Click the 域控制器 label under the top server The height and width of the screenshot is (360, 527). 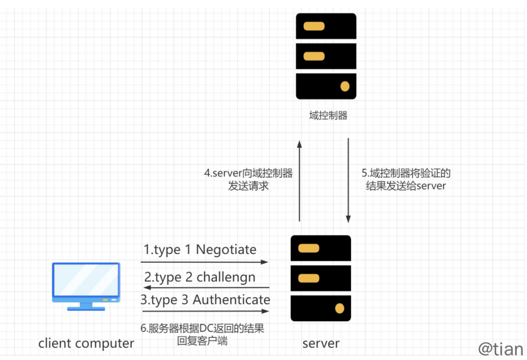click(x=328, y=115)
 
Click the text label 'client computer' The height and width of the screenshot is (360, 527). click(x=86, y=344)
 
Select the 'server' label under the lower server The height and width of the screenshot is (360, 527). click(x=320, y=344)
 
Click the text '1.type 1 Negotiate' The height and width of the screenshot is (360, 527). click(x=200, y=250)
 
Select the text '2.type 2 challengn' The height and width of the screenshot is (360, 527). click(x=200, y=277)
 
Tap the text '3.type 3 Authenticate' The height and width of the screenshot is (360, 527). click(x=205, y=300)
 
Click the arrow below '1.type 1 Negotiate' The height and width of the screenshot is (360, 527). click(x=205, y=262)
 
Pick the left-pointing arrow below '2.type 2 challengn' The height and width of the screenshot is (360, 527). click(x=205, y=287)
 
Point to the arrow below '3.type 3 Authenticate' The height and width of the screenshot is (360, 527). click(x=205, y=311)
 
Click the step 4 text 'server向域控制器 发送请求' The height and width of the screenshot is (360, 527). click(x=248, y=180)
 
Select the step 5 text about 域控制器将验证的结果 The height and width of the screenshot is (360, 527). click(x=406, y=180)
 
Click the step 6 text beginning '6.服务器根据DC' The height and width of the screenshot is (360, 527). click(x=202, y=334)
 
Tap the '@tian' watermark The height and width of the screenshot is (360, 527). click(x=501, y=348)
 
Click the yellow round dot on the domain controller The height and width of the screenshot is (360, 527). click(x=345, y=86)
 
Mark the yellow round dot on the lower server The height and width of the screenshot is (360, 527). click(x=340, y=308)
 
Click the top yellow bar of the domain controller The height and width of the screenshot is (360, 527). click(x=314, y=26)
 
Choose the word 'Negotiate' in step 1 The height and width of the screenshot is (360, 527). click(x=226, y=250)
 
